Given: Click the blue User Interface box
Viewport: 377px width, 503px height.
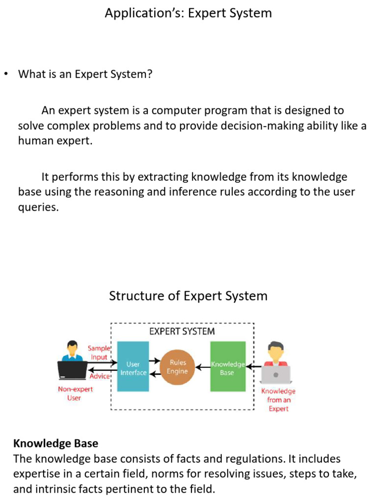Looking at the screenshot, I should pos(134,366).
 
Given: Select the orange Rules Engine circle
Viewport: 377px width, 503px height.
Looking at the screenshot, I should pos(177,367).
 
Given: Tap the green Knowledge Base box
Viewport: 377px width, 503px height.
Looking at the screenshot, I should pos(228,366).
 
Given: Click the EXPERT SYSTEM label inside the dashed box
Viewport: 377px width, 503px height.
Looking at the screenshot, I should pos(182,332).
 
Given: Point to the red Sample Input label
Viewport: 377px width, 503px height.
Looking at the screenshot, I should pos(98,353).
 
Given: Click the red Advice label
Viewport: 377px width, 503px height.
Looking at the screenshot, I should pos(100,376).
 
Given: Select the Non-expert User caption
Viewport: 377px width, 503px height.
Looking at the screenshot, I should pos(75,393).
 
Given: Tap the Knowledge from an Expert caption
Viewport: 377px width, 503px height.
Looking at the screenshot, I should pos(278,400).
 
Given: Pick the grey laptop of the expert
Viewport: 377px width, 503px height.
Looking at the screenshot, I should pos(275,374).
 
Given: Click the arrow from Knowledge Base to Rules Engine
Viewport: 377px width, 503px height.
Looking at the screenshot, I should pos(202,366).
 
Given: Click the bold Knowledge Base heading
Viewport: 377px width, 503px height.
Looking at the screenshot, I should pos(55,444).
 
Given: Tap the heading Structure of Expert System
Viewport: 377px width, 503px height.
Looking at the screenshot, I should pos(188,296).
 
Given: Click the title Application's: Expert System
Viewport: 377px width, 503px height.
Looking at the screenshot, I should pos(188,13).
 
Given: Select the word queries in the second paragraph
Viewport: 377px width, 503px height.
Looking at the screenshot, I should pos(38,207).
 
